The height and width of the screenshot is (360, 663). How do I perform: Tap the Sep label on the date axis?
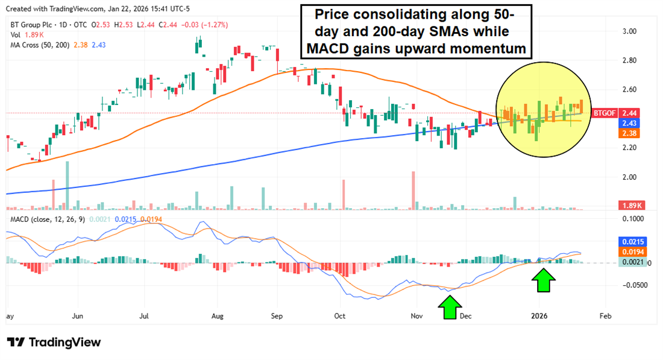(277, 315)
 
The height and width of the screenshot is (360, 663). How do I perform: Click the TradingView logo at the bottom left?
(54, 342)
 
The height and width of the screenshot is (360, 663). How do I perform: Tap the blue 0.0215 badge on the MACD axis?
(632, 241)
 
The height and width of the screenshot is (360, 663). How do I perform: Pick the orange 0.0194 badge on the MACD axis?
(632, 251)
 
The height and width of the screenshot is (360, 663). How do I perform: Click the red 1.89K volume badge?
(633, 205)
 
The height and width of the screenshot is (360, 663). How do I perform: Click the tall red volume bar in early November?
(413, 190)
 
